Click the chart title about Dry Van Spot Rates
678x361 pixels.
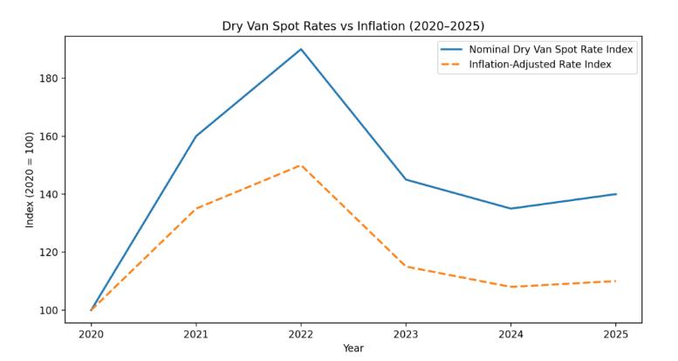click(x=353, y=26)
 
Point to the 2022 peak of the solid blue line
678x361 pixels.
click(x=301, y=49)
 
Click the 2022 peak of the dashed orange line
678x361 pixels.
click(x=301, y=165)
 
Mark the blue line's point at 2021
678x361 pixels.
click(x=195, y=136)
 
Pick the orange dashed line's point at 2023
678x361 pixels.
click(x=406, y=267)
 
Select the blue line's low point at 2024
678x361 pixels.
click(x=511, y=208)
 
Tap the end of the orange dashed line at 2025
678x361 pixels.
click(x=616, y=281)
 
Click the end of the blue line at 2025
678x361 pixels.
click(x=616, y=194)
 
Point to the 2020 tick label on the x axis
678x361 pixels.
click(x=91, y=334)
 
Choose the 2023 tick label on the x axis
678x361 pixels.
click(x=406, y=334)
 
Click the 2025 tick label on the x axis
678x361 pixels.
click(x=616, y=334)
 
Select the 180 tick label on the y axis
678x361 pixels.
click(x=50, y=79)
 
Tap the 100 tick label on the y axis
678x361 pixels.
click(x=50, y=310)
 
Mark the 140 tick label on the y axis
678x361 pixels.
click(x=50, y=194)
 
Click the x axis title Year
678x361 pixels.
click(x=353, y=348)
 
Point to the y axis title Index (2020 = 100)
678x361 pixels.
click(x=30, y=179)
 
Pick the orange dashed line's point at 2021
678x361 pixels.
click(x=195, y=209)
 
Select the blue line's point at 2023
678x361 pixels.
click(x=406, y=179)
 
